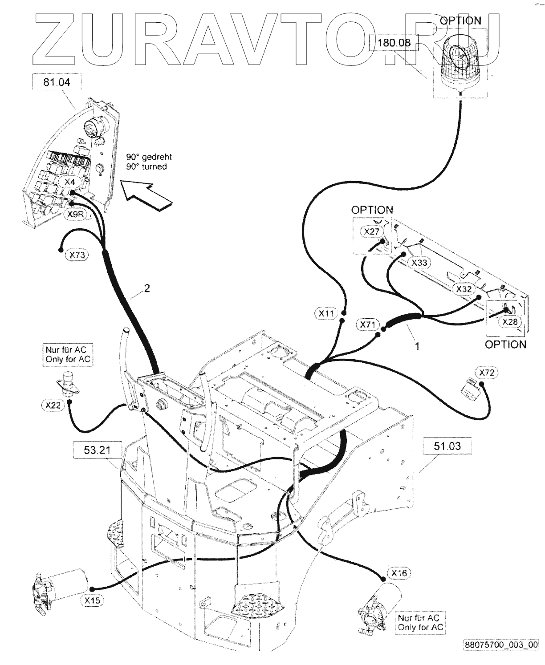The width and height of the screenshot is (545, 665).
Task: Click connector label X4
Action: pyautogui.click(x=70, y=182)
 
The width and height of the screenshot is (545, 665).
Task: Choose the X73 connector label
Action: pyautogui.click(x=77, y=255)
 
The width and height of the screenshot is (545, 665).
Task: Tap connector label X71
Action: pyautogui.click(x=368, y=325)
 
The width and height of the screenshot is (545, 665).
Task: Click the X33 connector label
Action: pyautogui.click(x=419, y=263)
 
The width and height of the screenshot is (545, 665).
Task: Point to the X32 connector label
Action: pyautogui.click(x=464, y=289)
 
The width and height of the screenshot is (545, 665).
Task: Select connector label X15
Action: pyautogui.click(x=92, y=600)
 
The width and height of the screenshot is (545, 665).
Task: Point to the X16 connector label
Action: pyautogui.click(x=399, y=573)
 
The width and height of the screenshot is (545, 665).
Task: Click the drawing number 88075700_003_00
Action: pyautogui.click(x=501, y=645)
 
